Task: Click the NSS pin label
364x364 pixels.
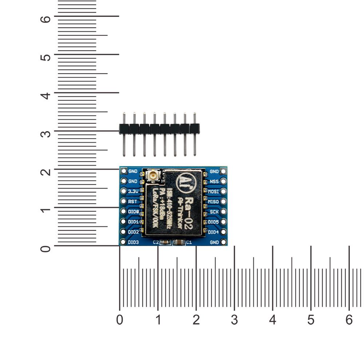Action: (214, 181)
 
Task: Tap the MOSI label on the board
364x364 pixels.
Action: (213, 191)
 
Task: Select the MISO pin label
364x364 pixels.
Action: (213, 201)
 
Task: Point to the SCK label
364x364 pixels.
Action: (214, 211)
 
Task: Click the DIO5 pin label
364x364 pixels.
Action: (213, 222)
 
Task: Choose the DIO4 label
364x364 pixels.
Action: (213, 232)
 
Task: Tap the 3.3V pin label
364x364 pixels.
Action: (133, 191)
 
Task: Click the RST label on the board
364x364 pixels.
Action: (133, 201)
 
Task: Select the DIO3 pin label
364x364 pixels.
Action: (134, 242)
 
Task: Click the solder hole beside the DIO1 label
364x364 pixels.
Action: (123, 222)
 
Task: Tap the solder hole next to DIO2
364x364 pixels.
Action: (123, 232)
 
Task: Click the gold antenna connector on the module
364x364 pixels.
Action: (153, 176)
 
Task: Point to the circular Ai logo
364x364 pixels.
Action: (184, 181)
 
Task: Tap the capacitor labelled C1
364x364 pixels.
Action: (179, 242)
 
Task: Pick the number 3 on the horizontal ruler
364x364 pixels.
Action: (234, 320)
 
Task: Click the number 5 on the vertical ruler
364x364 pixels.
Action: (45, 57)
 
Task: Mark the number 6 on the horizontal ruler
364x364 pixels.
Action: (349, 320)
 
